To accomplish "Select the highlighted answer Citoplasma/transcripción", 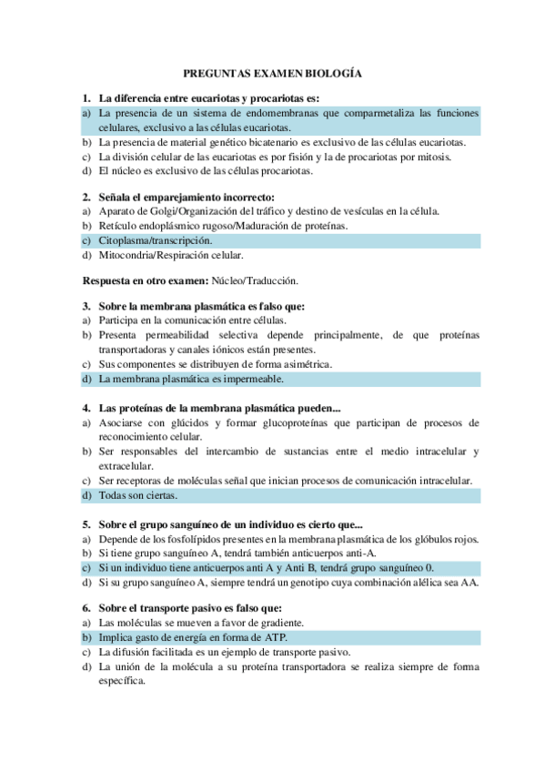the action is pyautogui.click(x=156, y=240).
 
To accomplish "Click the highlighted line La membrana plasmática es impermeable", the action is pyautogui.click(x=191, y=378).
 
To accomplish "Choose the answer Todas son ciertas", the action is pyautogui.click(x=138, y=495).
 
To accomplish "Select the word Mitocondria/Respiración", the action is pyautogui.click(x=147, y=255).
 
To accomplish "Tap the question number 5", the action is pyautogui.click(x=86, y=523).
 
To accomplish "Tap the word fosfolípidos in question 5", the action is pyautogui.click(x=199, y=538).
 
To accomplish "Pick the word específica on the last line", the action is pyautogui.click(x=123, y=680).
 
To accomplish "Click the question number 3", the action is pyautogui.click(x=86, y=307).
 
